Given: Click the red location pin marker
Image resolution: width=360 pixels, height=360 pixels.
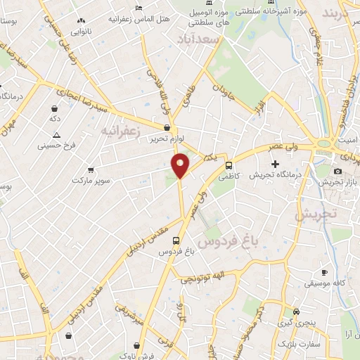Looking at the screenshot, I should tap(181, 165).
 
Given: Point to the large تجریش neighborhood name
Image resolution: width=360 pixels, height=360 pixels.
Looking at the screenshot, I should tap(316, 214).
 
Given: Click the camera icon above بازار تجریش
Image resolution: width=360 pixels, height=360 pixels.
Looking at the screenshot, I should tap(337, 171).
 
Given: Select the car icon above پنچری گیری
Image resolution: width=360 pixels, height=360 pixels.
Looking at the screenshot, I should tap(296, 311).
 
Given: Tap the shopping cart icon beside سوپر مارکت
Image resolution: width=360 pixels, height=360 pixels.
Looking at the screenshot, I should tap(91, 169).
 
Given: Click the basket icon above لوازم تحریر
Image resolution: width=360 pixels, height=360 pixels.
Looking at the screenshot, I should tap(167, 128).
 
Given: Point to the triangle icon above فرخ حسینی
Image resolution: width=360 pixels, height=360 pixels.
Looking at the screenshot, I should tap(56, 135).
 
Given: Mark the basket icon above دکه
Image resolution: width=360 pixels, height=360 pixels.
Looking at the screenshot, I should tap(54, 108).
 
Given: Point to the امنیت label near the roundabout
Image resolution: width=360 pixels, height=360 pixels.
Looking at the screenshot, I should tap(347, 141).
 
